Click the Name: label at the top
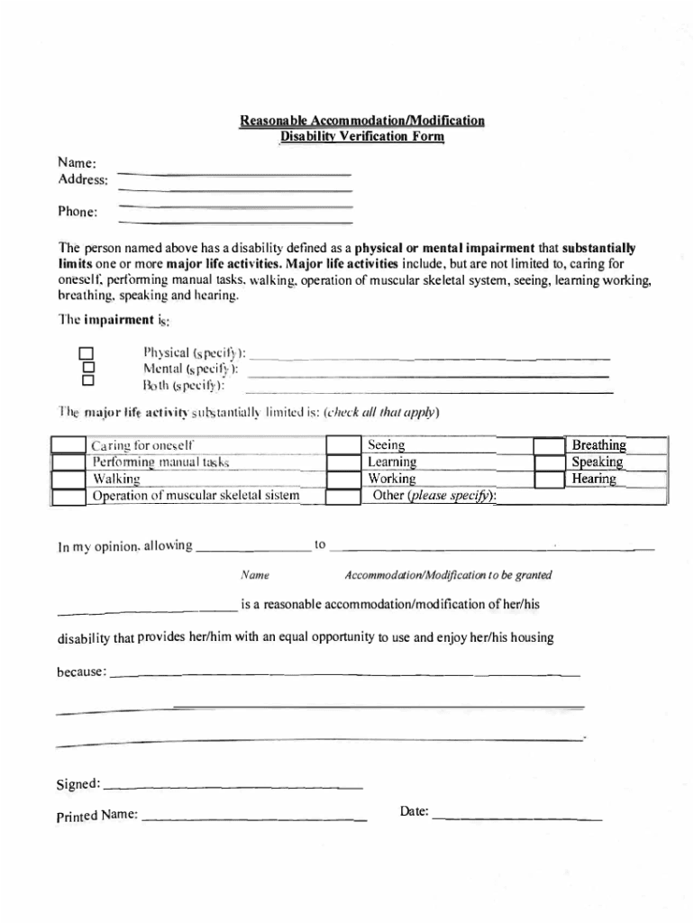[78, 164]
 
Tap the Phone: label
[78, 213]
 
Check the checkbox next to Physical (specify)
[87, 353]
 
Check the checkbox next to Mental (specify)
[87, 368]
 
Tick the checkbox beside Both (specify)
[87, 382]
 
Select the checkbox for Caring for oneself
[68, 445]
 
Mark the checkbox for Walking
[68, 479]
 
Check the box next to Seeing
[342, 445]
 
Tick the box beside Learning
[342, 462]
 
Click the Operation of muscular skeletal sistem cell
[196, 496]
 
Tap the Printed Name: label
[96, 816]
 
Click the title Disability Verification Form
[361, 137]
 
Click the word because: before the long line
[82, 672]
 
